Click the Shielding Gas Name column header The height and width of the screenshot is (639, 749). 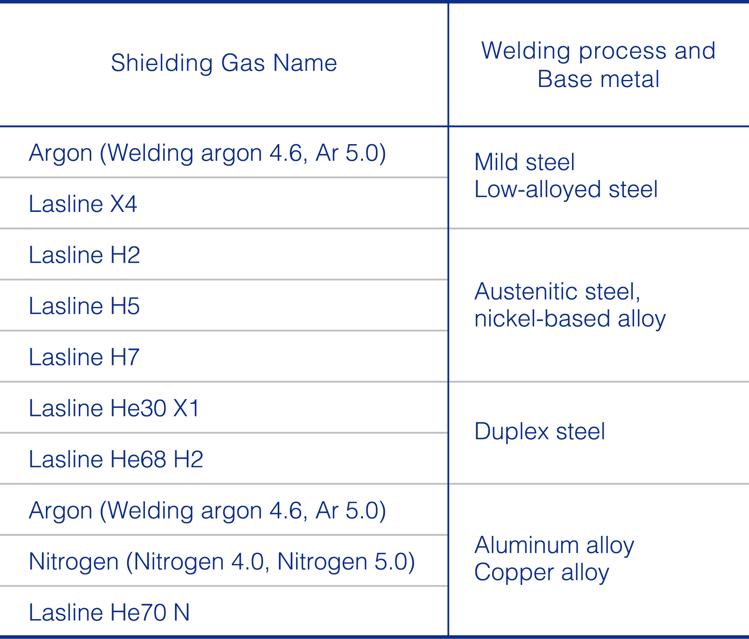point(224,63)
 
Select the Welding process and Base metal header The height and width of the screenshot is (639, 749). point(598,65)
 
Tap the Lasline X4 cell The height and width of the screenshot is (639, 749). point(83,204)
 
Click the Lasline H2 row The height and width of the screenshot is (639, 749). point(84,255)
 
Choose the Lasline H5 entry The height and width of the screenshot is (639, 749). point(84,306)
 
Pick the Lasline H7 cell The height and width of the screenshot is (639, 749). point(84,357)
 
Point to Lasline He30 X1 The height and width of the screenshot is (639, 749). point(114,408)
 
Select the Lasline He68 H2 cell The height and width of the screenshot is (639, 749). point(116,460)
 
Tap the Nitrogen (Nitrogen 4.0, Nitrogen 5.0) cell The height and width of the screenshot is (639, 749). point(222,562)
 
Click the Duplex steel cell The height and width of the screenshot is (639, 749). point(540,431)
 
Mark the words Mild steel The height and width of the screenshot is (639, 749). point(525,162)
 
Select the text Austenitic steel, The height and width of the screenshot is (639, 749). point(557,292)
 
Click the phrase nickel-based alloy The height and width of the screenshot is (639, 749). point(570,319)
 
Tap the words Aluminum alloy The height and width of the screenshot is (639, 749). point(554,545)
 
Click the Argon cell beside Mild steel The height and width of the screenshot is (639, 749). point(207,153)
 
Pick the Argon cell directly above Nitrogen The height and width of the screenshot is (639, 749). point(207,511)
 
